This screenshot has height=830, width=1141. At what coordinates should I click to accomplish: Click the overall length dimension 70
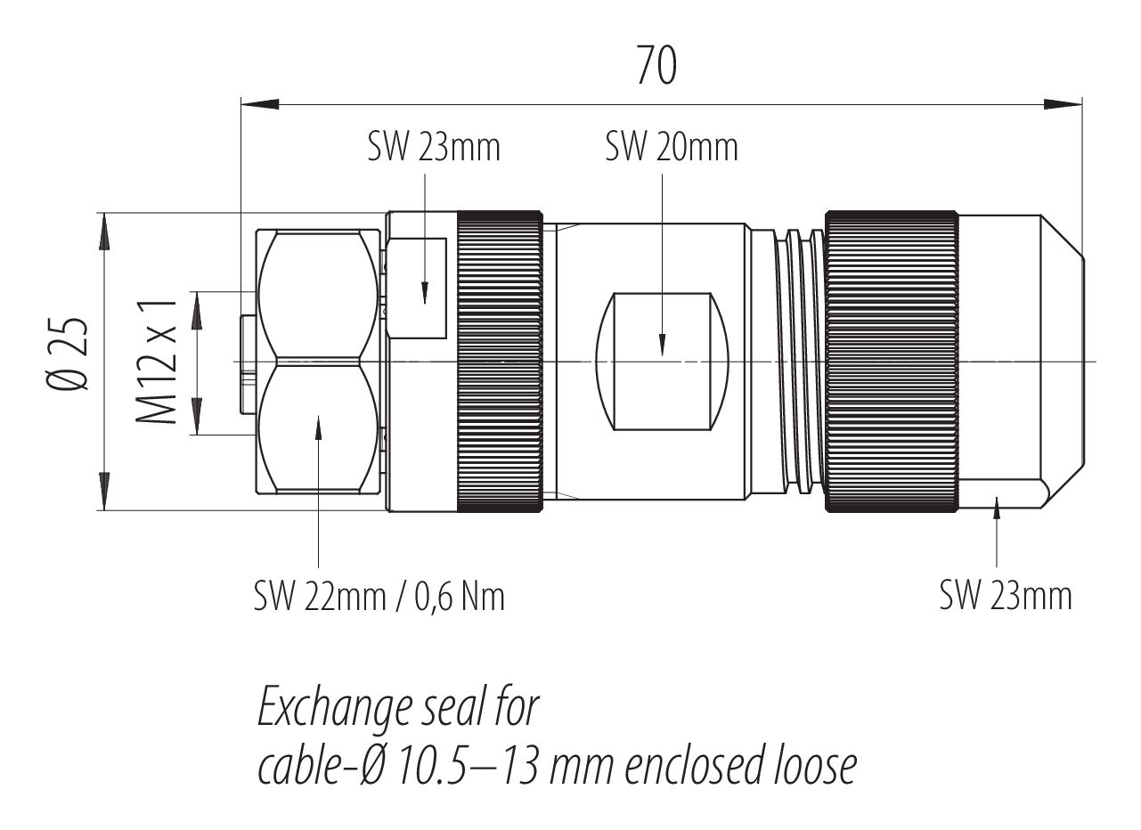coord(656,66)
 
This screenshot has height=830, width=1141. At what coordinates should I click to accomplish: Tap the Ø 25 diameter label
coord(67,354)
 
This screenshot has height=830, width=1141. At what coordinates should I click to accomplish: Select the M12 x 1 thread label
coord(157,362)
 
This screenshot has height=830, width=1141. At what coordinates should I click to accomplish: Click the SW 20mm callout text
coord(672,147)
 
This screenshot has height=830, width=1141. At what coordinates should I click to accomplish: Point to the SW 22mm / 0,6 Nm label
coord(379,597)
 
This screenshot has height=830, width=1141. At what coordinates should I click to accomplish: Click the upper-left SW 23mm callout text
coord(434,147)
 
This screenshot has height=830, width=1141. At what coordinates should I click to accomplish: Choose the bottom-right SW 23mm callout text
coord(1006,595)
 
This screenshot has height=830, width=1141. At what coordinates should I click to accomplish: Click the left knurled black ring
coord(500,361)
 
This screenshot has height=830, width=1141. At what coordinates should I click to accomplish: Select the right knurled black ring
coord(892,361)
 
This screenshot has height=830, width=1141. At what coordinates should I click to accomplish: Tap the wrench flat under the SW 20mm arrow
coord(662,362)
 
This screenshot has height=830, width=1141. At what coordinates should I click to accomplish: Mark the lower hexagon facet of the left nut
coord(318,428)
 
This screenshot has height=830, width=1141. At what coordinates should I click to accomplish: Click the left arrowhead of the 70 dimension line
coord(260,104)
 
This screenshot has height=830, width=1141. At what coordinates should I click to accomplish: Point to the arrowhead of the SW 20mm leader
coord(662,345)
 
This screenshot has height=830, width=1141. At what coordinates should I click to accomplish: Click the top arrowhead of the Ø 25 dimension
coord(104,232)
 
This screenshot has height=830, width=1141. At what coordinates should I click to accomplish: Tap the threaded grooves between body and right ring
coord(799,361)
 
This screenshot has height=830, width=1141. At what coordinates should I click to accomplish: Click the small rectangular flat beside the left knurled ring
coord(417,289)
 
